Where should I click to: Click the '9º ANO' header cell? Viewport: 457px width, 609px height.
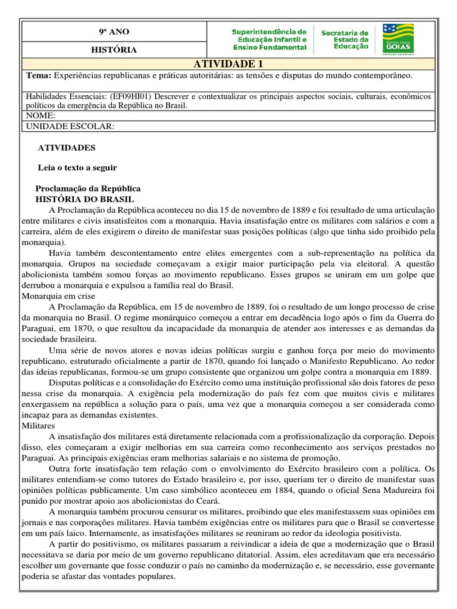(113, 32)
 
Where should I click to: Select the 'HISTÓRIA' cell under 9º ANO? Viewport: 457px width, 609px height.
(113, 50)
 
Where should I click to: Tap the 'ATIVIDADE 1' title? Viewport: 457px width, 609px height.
(228, 64)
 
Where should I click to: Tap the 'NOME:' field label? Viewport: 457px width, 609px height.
(42, 115)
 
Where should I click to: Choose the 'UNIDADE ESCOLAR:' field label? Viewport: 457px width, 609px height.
(70, 126)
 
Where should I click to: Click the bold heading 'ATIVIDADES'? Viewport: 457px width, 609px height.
(66, 147)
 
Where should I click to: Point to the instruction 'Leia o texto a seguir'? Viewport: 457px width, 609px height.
(77, 168)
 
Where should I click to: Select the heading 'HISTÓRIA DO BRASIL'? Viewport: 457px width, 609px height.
(85, 199)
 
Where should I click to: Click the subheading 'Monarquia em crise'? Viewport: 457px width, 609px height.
(58, 295)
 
